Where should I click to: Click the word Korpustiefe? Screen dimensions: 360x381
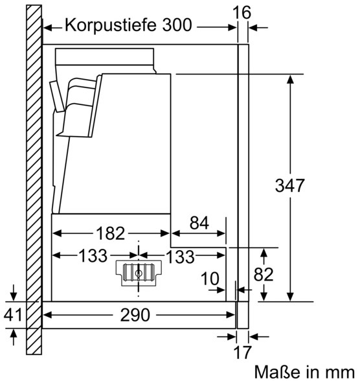(x=111, y=25)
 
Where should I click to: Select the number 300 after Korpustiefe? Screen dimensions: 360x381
(x=177, y=25)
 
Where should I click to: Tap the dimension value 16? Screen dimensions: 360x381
(x=242, y=12)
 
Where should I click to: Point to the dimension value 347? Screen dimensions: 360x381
(x=289, y=185)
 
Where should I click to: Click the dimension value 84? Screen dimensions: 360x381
(x=199, y=223)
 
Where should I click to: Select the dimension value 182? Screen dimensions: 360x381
(x=111, y=233)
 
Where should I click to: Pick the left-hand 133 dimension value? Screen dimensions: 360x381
(x=93, y=255)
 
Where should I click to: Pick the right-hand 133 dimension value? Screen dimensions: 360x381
(x=180, y=257)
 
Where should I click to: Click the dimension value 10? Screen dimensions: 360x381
(x=210, y=279)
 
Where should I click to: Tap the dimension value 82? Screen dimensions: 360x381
(x=264, y=274)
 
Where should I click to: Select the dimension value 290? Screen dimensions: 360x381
(x=135, y=315)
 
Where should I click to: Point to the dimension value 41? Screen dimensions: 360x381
(x=13, y=315)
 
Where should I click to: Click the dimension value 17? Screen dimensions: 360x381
(x=242, y=352)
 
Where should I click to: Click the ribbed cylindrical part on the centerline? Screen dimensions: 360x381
(x=139, y=273)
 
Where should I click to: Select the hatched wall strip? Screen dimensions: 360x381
(x=34, y=179)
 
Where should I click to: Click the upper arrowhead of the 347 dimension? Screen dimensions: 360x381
(x=290, y=80)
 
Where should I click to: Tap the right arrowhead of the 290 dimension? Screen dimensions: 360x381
(x=231, y=315)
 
